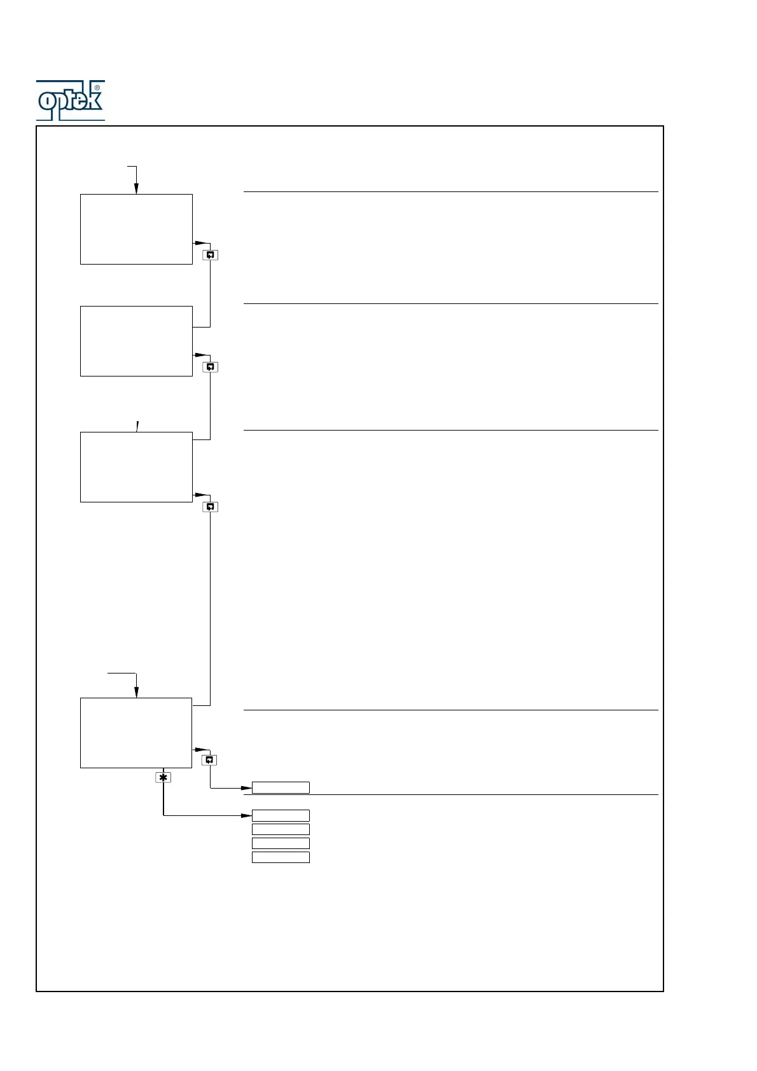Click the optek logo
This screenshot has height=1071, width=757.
point(70,100)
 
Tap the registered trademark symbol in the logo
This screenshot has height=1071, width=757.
point(97,88)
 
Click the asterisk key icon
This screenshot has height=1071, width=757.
point(163,777)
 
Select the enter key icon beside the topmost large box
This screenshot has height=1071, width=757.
point(210,255)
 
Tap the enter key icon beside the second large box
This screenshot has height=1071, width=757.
point(210,367)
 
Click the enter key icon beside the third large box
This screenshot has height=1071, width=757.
point(210,507)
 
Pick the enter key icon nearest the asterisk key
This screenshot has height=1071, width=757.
point(210,760)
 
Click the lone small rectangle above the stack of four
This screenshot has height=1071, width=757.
point(281,788)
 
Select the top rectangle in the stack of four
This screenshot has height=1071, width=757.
point(281,815)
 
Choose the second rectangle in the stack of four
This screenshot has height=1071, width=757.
point(281,829)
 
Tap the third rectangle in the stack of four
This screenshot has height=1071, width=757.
point(281,843)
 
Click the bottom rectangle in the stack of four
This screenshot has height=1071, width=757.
point(281,857)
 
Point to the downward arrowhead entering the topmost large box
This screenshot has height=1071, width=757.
point(136,189)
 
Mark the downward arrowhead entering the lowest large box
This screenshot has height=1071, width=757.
point(136,693)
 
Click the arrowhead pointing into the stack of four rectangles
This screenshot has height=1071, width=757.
point(247,815)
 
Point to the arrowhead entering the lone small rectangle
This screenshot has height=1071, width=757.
point(247,788)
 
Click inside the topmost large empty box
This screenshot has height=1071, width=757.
point(136,229)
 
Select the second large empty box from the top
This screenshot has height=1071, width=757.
point(136,341)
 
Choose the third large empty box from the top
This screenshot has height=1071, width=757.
point(136,467)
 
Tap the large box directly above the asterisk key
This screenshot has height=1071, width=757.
point(136,733)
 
